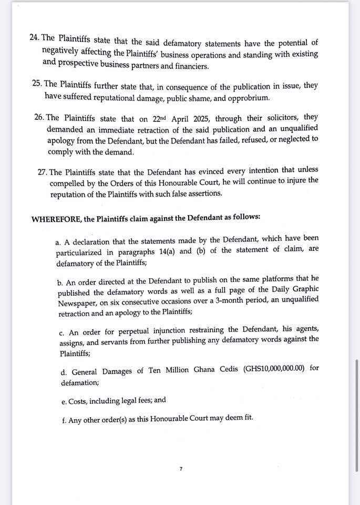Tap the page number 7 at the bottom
180,468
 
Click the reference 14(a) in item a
164,250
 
